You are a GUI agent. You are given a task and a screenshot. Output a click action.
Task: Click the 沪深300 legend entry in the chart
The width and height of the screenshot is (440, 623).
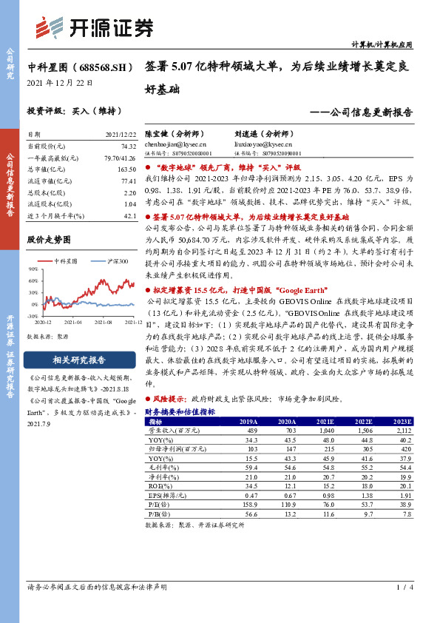[x=114, y=262]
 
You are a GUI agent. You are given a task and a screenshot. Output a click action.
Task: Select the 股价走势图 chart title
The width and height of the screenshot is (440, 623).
[x=49, y=240]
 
